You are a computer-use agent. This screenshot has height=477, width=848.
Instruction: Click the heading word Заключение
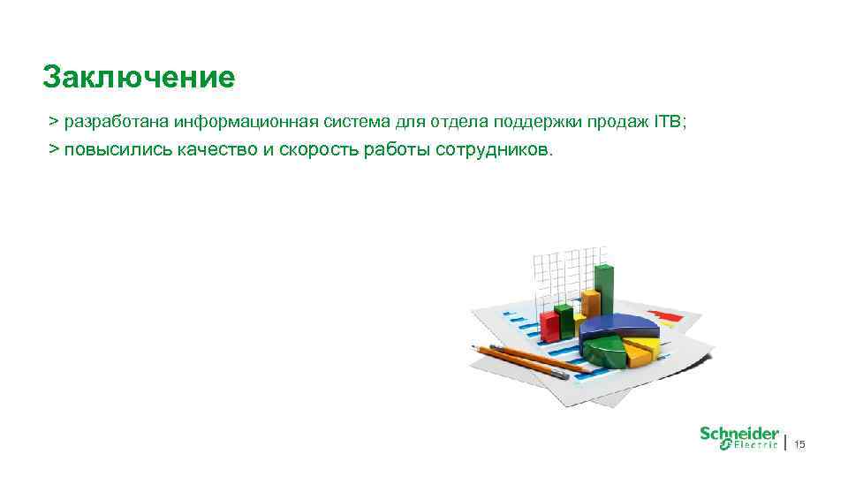point(139,78)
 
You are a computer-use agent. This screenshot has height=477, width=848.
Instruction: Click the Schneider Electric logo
point(739,438)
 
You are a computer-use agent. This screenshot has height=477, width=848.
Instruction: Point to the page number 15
point(800,443)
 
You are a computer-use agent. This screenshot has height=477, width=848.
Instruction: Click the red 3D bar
point(550,324)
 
